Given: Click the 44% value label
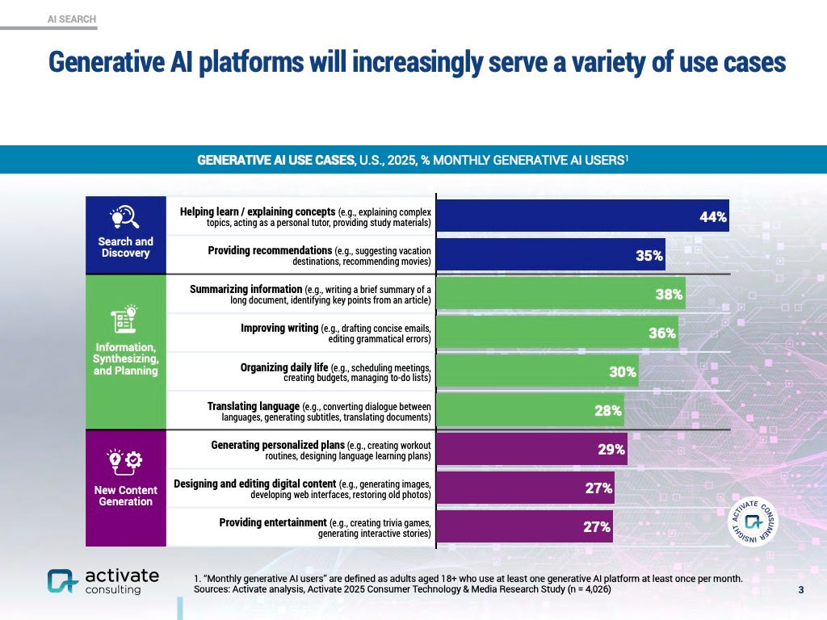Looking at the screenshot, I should [x=712, y=217].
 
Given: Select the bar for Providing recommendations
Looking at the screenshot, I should [x=550, y=255].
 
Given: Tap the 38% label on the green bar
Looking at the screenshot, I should [x=669, y=295].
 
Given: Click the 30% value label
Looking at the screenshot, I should [x=622, y=372].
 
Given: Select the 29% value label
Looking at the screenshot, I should [x=611, y=450].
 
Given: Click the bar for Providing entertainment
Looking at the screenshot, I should [x=525, y=527].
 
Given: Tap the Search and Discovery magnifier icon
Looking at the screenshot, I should [x=124, y=217].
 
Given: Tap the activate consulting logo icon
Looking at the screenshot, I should [x=61, y=580].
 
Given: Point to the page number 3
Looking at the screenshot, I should [x=800, y=590].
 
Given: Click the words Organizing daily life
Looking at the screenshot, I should [x=284, y=367].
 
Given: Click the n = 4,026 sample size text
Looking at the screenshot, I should [x=582, y=590].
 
